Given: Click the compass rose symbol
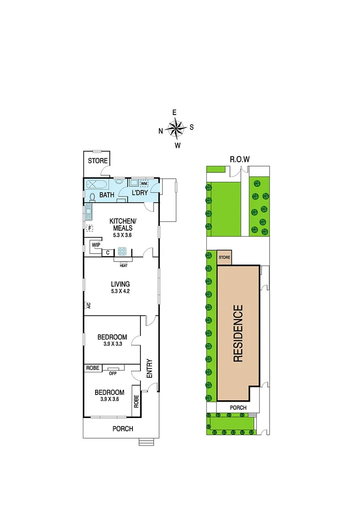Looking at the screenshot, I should pyautogui.click(x=176, y=127).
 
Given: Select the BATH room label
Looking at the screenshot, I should pyautogui.click(x=106, y=195).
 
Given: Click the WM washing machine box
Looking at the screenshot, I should pyautogui.click(x=144, y=183).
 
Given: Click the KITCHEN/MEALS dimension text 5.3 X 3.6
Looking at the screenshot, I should pyautogui.click(x=123, y=235).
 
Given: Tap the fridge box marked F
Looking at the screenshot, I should pyautogui.click(x=90, y=229).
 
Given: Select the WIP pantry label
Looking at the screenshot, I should pyautogui.click(x=96, y=245).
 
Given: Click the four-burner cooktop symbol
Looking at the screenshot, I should pyautogui.click(x=122, y=252).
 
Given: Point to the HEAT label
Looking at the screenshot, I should pyautogui.click(x=123, y=265).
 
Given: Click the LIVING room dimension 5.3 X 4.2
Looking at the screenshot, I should pyautogui.click(x=120, y=291).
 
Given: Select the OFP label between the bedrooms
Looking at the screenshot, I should pyautogui.click(x=113, y=374).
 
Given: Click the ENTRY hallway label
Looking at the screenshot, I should pyautogui.click(x=150, y=369).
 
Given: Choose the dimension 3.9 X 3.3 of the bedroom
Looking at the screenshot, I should pyautogui.click(x=112, y=344).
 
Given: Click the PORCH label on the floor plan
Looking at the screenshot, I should pyautogui.click(x=123, y=429).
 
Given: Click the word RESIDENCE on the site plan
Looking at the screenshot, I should pyautogui.click(x=238, y=333).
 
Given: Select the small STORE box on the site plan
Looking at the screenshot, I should pyautogui.click(x=224, y=257).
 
